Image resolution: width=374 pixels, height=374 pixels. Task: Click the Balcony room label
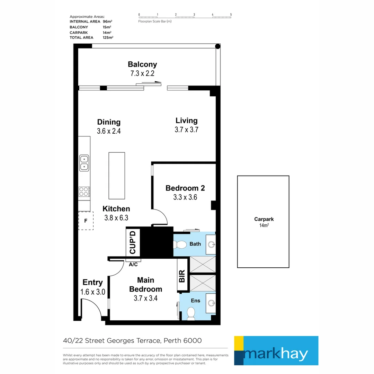pyautogui.click(x=142, y=64)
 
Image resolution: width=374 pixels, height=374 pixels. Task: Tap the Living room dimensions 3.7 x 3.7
pyautogui.click(x=186, y=130)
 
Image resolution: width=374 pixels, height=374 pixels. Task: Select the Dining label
pyautogui.click(x=109, y=122)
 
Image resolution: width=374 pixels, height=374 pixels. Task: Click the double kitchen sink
pyautogui.click(x=84, y=163)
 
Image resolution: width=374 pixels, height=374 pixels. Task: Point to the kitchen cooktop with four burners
pyautogui.click(x=84, y=191)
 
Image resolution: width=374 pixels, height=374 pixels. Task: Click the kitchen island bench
pyautogui.click(x=117, y=176)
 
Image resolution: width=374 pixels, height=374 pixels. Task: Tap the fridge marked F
pyautogui.click(x=86, y=221)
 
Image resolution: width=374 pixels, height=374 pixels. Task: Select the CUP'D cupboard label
pyautogui.click(x=133, y=242)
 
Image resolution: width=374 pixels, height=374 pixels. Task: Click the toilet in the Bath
pyautogui.click(x=180, y=244)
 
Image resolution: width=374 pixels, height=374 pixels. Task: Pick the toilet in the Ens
pyautogui.click(x=191, y=313)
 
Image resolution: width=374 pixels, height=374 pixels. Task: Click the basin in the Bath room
pyautogui.click(x=211, y=244)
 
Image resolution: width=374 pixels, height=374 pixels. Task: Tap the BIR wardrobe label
pyautogui.click(x=182, y=276)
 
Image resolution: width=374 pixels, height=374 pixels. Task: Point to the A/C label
pyautogui.click(x=133, y=265)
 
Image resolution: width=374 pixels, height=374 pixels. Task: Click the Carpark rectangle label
pyautogui.click(x=264, y=219)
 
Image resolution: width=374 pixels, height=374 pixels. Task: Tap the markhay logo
pyautogui.click(x=276, y=350)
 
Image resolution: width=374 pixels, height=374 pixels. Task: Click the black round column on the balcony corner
pyautogui.click(x=217, y=46)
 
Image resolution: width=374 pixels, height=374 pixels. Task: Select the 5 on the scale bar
pyautogui.click(x=231, y=15)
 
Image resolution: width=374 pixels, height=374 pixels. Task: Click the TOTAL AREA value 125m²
pyautogui.click(x=108, y=37)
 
